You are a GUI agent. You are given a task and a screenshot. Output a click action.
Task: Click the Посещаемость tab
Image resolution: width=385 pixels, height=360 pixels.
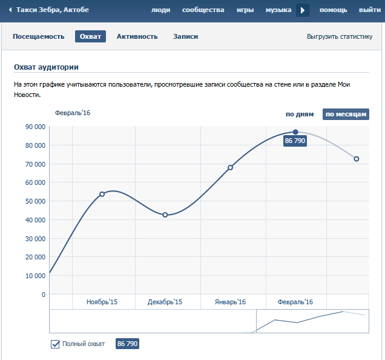[x=39, y=36]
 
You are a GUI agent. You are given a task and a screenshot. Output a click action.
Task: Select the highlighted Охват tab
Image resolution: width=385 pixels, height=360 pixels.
[x=91, y=36]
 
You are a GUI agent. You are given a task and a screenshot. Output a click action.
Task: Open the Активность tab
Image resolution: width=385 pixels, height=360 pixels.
[x=137, y=36]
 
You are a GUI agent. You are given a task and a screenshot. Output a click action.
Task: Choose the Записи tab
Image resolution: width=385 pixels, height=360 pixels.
[x=185, y=36]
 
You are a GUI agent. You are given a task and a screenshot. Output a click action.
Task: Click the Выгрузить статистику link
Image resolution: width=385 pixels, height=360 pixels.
[x=340, y=37]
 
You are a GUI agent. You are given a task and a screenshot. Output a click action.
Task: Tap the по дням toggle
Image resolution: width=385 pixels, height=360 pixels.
[x=300, y=114]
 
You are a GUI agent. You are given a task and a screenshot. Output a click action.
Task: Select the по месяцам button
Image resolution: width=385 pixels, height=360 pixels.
[x=346, y=114]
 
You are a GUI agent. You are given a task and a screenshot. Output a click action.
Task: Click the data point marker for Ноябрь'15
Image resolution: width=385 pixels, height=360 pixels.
[x=102, y=194]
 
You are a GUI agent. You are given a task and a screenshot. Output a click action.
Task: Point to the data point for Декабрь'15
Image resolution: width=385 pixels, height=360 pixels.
[x=165, y=215]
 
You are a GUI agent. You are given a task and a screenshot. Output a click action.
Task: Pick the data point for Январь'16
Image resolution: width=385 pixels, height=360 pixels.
[x=230, y=167]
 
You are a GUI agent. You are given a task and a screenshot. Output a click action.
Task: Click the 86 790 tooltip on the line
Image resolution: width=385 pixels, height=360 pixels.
[x=295, y=141]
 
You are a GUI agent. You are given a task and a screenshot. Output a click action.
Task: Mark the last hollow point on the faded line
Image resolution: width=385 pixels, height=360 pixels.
[x=357, y=159]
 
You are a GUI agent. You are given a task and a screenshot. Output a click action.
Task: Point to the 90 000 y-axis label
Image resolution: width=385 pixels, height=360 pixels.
[x=35, y=127]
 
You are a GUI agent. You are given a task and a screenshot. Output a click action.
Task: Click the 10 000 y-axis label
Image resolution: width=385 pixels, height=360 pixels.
[x=35, y=276]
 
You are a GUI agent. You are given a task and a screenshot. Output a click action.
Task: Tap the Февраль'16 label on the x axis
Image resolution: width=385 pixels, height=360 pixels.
[x=295, y=302]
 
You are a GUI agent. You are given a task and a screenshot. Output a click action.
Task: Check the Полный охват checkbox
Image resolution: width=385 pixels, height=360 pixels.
[x=55, y=344]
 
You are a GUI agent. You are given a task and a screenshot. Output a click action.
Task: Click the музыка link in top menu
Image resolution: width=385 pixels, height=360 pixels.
[x=278, y=10]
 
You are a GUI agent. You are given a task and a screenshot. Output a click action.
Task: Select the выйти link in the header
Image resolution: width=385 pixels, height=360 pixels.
[x=370, y=10]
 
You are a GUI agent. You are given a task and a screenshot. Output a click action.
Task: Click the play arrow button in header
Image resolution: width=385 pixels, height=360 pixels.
[x=303, y=10]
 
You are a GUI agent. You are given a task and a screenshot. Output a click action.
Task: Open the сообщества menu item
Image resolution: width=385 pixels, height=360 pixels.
[x=203, y=10]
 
